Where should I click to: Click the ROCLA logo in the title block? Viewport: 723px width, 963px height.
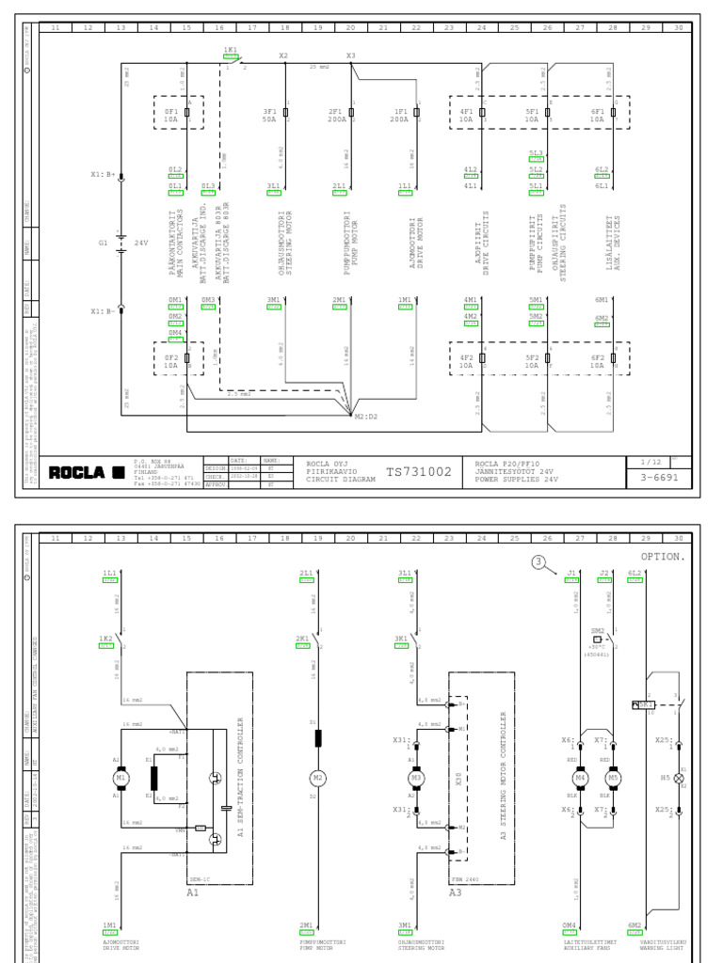tap(87, 471)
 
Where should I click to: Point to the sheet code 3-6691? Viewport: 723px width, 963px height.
tap(659, 478)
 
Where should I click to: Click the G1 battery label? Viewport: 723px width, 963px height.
tap(104, 243)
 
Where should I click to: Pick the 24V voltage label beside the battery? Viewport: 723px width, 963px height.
tap(141, 243)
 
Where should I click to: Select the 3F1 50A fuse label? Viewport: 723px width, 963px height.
tap(270, 116)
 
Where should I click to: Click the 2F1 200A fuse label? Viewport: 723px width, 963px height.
tap(335, 116)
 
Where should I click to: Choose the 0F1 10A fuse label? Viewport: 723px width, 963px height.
tap(171, 116)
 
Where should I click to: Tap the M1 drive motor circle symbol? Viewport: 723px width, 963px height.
tap(120, 778)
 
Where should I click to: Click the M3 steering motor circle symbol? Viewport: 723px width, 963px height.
tap(415, 778)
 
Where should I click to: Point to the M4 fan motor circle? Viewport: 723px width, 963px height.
tap(581, 778)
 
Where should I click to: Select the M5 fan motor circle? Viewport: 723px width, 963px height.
tap(614, 778)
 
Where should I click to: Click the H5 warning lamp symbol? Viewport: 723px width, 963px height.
tap(679, 779)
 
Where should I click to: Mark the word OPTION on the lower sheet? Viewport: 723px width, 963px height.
tap(663, 557)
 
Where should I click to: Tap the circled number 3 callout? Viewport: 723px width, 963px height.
tap(538, 562)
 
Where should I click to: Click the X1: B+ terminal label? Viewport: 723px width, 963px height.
tap(103, 174)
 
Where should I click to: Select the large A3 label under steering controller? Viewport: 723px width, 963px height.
tap(455, 892)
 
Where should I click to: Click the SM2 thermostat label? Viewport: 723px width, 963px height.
tap(597, 630)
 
